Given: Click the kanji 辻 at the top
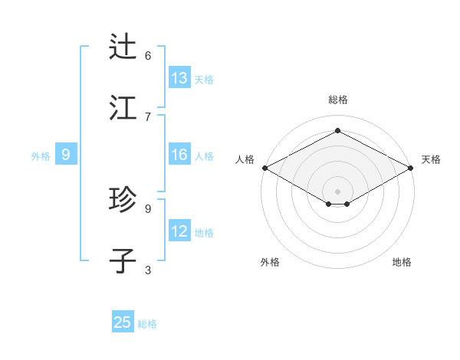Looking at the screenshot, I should (123, 47).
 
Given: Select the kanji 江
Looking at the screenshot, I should (123, 108).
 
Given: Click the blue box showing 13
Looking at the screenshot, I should (179, 78).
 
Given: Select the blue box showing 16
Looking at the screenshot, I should (179, 155).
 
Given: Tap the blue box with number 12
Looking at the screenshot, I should (179, 231).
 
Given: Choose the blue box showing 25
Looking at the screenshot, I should (123, 322).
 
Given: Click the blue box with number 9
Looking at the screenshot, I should (66, 155).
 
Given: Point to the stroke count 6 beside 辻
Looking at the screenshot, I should (148, 55).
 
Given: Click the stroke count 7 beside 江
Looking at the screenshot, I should (148, 116).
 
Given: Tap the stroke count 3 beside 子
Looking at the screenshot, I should (148, 270).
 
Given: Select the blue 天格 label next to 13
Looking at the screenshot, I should (204, 79).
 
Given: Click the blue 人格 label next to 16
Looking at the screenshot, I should (204, 155).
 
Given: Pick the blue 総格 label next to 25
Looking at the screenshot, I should (147, 323).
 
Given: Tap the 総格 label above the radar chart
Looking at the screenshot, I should (337, 100).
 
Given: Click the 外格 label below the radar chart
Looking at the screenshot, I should (270, 262).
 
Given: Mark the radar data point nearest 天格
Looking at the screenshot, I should (412, 168).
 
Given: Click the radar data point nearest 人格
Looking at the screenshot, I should (264, 168).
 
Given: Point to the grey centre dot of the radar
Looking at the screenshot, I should (337, 191).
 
